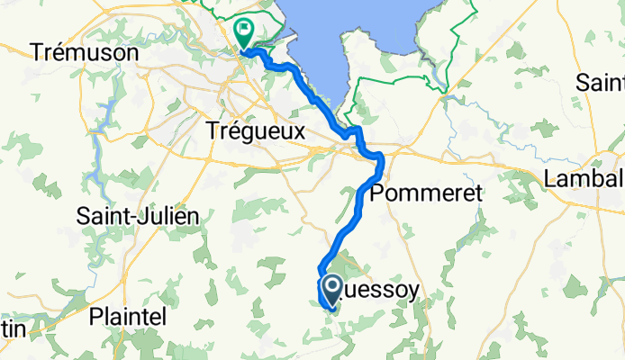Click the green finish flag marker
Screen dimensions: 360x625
pyautogui.click(x=243, y=32)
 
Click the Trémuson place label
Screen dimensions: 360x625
pyautogui.click(x=85, y=53)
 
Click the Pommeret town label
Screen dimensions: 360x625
pyautogui.click(x=427, y=193)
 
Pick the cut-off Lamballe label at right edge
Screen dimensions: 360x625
pyautogui.click(x=584, y=179)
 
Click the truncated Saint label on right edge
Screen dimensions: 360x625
pyautogui.click(x=600, y=83)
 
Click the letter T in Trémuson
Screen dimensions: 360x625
pyautogui.click(x=37, y=53)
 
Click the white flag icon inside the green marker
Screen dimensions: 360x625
pyautogui.click(x=243, y=29)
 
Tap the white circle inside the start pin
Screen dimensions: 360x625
pyautogui.click(x=331, y=287)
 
